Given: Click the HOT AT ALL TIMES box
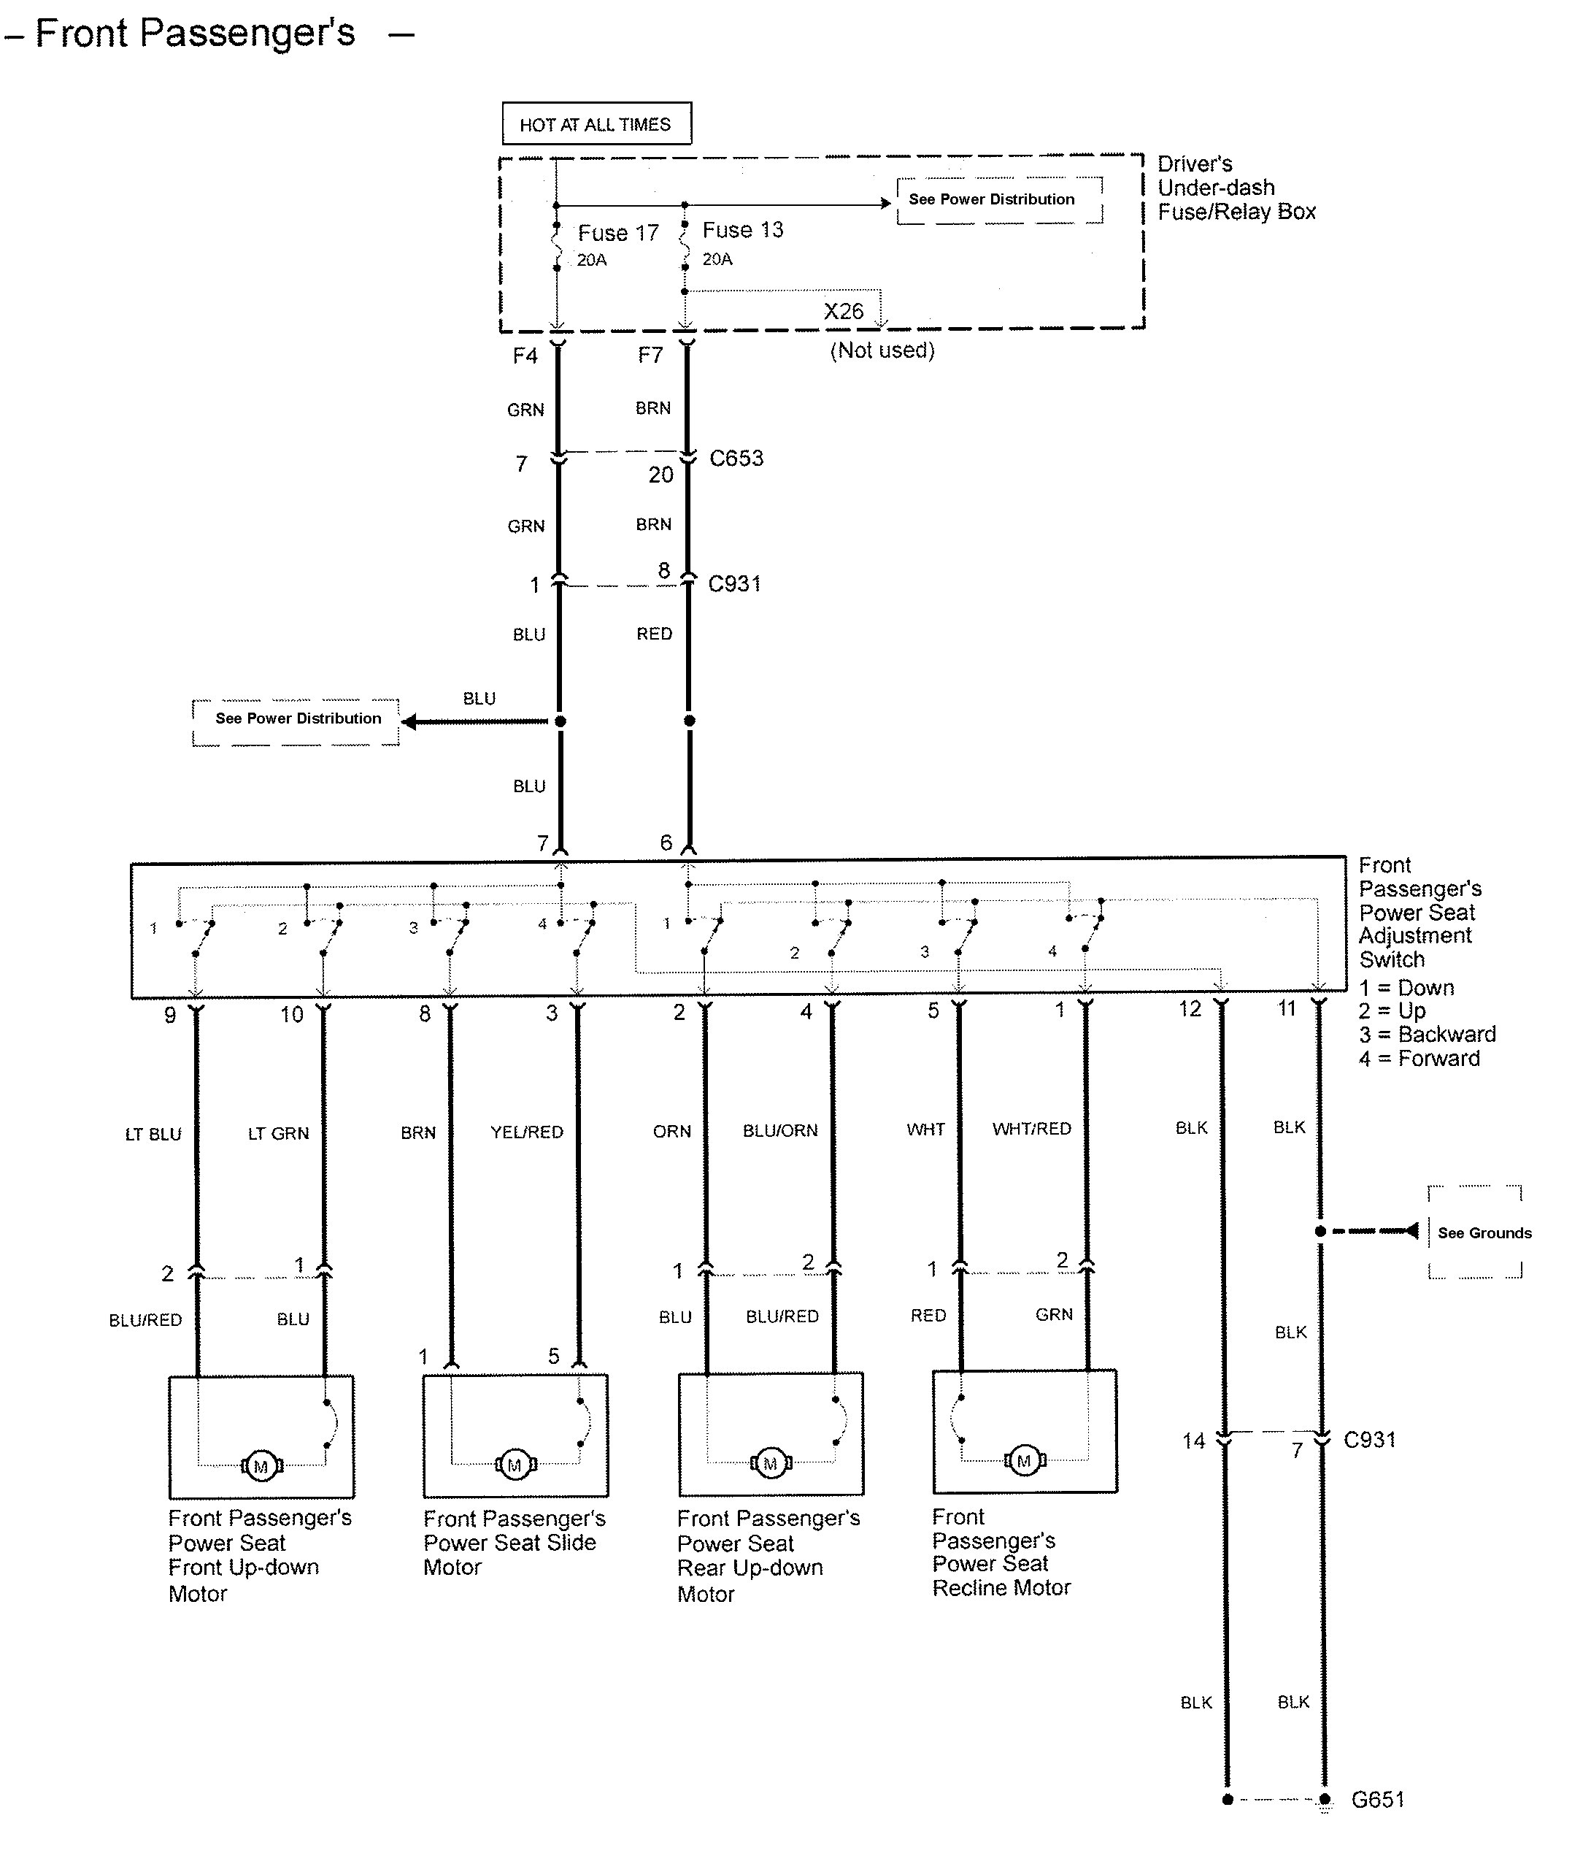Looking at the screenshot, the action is (596, 123).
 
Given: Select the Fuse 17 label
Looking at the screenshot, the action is (618, 233).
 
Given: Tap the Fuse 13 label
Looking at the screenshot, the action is (743, 230).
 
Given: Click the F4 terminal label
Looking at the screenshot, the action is (525, 356).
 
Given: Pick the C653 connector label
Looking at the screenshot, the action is (736, 458).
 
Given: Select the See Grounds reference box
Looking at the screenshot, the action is (1475, 1232).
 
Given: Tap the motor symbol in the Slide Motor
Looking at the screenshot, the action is (515, 1465).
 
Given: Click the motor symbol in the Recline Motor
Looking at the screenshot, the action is (1023, 1461).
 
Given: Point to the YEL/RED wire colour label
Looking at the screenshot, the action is (527, 1132).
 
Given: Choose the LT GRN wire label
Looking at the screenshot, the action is (279, 1133).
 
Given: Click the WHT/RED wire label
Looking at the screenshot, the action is (1031, 1128).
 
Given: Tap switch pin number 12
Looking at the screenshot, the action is (1190, 1009).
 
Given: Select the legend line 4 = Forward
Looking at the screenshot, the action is (1419, 1059).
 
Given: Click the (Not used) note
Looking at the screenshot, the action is (882, 350).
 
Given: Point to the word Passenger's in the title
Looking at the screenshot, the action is (248, 34).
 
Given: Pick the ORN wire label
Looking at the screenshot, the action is (672, 1131).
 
